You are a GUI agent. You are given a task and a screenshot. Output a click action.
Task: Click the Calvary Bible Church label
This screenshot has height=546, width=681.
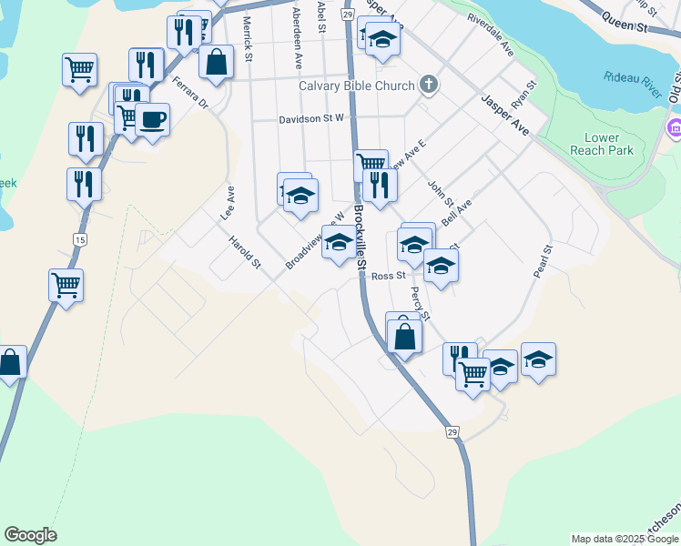[x=357, y=86]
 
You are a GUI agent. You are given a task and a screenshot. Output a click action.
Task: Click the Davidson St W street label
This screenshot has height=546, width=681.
[x=311, y=118]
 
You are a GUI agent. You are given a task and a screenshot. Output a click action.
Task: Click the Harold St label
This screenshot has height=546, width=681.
[x=245, y=252]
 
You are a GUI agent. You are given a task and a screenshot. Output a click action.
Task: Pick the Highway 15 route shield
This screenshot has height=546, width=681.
[x=81, y=238]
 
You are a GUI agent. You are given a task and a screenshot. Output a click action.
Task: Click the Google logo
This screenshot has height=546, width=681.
[x=30, y=535]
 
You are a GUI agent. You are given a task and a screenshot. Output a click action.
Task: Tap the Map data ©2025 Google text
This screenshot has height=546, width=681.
[x=625, y=539]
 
